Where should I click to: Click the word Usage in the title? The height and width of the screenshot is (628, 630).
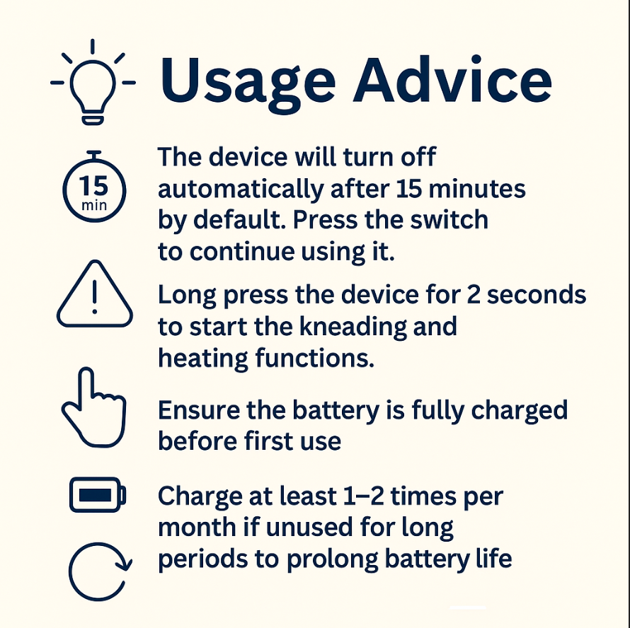248,82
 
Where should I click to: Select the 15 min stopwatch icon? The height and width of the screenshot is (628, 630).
94,186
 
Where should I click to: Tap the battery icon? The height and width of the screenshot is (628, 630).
98,494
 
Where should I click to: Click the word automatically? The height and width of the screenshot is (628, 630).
241,190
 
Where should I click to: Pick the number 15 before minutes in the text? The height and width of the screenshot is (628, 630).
409,188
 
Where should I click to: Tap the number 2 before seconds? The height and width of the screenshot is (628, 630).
474,295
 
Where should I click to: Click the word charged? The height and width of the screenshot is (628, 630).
519,412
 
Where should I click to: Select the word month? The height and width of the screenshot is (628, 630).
197,527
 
